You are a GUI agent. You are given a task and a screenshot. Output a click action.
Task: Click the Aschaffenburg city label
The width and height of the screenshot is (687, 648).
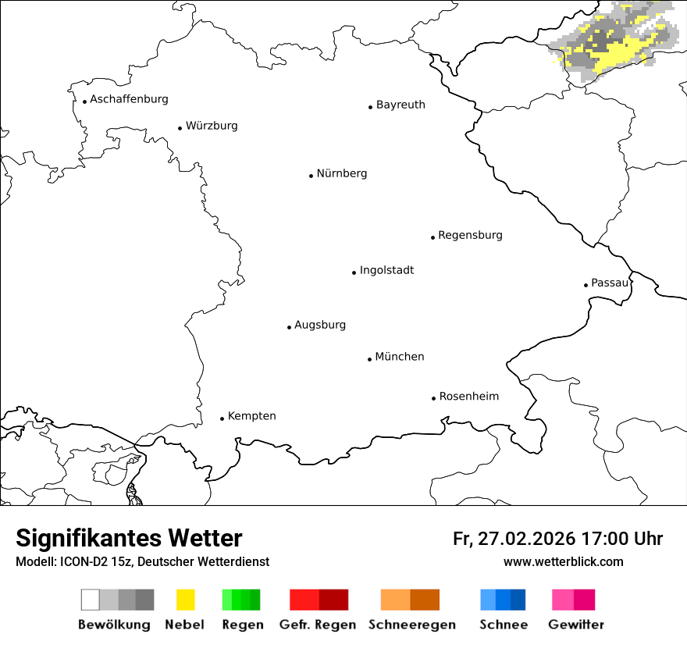[129, 99]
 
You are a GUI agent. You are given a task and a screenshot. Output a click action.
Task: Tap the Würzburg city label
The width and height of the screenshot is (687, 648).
[212, 126]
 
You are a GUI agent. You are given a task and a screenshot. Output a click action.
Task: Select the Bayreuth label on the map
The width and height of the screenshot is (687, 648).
[400, 105]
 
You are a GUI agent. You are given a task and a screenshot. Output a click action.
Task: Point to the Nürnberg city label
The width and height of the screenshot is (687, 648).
[341, 173]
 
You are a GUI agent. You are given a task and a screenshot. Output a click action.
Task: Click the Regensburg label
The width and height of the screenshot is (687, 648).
[470, 235]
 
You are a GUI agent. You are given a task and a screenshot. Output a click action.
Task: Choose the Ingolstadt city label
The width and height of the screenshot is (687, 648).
[386, 270]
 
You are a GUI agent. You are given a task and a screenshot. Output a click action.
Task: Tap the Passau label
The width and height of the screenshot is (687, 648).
[609, 283]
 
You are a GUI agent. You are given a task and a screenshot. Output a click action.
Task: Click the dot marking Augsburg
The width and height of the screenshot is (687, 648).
[289, 327]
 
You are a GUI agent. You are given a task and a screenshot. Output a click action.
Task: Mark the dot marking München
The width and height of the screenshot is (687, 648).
[369, 359]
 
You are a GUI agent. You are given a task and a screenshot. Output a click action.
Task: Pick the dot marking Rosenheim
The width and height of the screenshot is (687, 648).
[433, 398]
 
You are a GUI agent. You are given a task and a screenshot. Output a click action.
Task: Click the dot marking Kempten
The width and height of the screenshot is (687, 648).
[222, 418]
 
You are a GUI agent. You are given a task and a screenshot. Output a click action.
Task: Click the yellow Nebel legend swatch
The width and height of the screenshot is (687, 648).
[185, 600]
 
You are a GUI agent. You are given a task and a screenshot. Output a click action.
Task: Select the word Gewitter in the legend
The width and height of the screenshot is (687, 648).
[576, 625]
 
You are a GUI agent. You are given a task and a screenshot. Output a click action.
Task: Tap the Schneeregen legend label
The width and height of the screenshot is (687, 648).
[412, 625]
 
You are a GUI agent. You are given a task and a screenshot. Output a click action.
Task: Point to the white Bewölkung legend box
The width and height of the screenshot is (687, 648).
[91, 600]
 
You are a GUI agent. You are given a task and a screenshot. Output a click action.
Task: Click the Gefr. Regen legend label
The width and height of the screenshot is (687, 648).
[317, 625]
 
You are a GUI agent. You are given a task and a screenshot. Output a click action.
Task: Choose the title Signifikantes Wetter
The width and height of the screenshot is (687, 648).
[129, 538]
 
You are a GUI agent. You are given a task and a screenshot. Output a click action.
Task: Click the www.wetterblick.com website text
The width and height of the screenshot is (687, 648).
[563, 561]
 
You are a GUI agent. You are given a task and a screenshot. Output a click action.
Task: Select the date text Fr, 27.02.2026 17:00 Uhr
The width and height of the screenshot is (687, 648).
[557, 539]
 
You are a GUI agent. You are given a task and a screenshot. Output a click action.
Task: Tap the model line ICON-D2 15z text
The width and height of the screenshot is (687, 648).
[142, 562]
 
